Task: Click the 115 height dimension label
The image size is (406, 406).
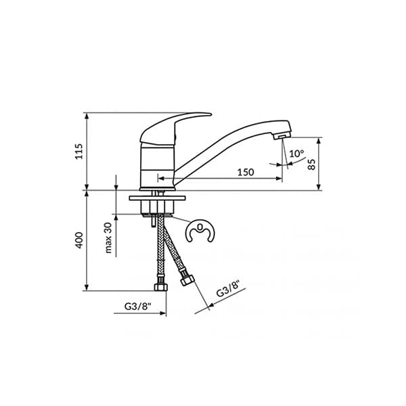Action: (78, 151)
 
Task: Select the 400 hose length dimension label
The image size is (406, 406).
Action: (78, 240)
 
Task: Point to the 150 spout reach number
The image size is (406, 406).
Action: (245, 173)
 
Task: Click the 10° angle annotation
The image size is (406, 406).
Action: (296, 154)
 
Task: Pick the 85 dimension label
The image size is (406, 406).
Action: (312, 164)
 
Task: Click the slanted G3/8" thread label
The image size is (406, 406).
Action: (228, 292)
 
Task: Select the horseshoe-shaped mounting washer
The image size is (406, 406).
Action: (200, 233)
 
